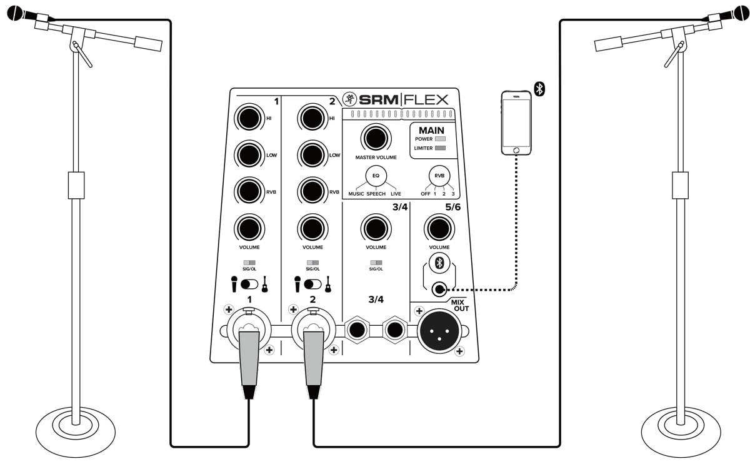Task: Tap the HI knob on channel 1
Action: (249, 118)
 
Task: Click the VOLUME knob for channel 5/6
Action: (439, 228)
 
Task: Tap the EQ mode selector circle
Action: (376, 176)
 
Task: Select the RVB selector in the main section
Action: (439, 176)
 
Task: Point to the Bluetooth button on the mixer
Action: (439, 263)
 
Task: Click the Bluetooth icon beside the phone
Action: (539, 89)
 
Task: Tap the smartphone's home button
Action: (516, 150)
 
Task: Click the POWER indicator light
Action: (440, 139)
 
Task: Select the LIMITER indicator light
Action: (440, 148)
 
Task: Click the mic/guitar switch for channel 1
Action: (249, 284)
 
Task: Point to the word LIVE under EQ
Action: (396, 194)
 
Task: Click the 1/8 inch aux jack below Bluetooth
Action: (439, 289)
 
